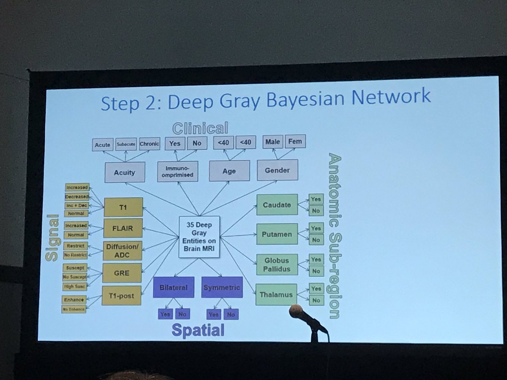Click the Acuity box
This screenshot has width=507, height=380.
(x=124, y=172)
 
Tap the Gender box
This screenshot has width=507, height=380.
(x=278, y=171)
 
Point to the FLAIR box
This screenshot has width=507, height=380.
(x=123, y=229)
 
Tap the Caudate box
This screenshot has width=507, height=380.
(x=277, y=205)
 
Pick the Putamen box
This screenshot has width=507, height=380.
(x=277, y=234)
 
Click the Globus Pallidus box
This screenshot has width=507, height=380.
(x=277, y=264)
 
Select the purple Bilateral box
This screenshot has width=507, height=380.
(x=174, y=288)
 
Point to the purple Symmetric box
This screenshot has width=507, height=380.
(x=222, y=288)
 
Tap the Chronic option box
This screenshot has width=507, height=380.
(x=149, y=144)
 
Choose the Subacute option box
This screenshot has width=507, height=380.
(x=125, y=144)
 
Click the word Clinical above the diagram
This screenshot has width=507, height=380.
(x=200, y=128)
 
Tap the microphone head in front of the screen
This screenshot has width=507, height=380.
(x=296, y=312)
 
